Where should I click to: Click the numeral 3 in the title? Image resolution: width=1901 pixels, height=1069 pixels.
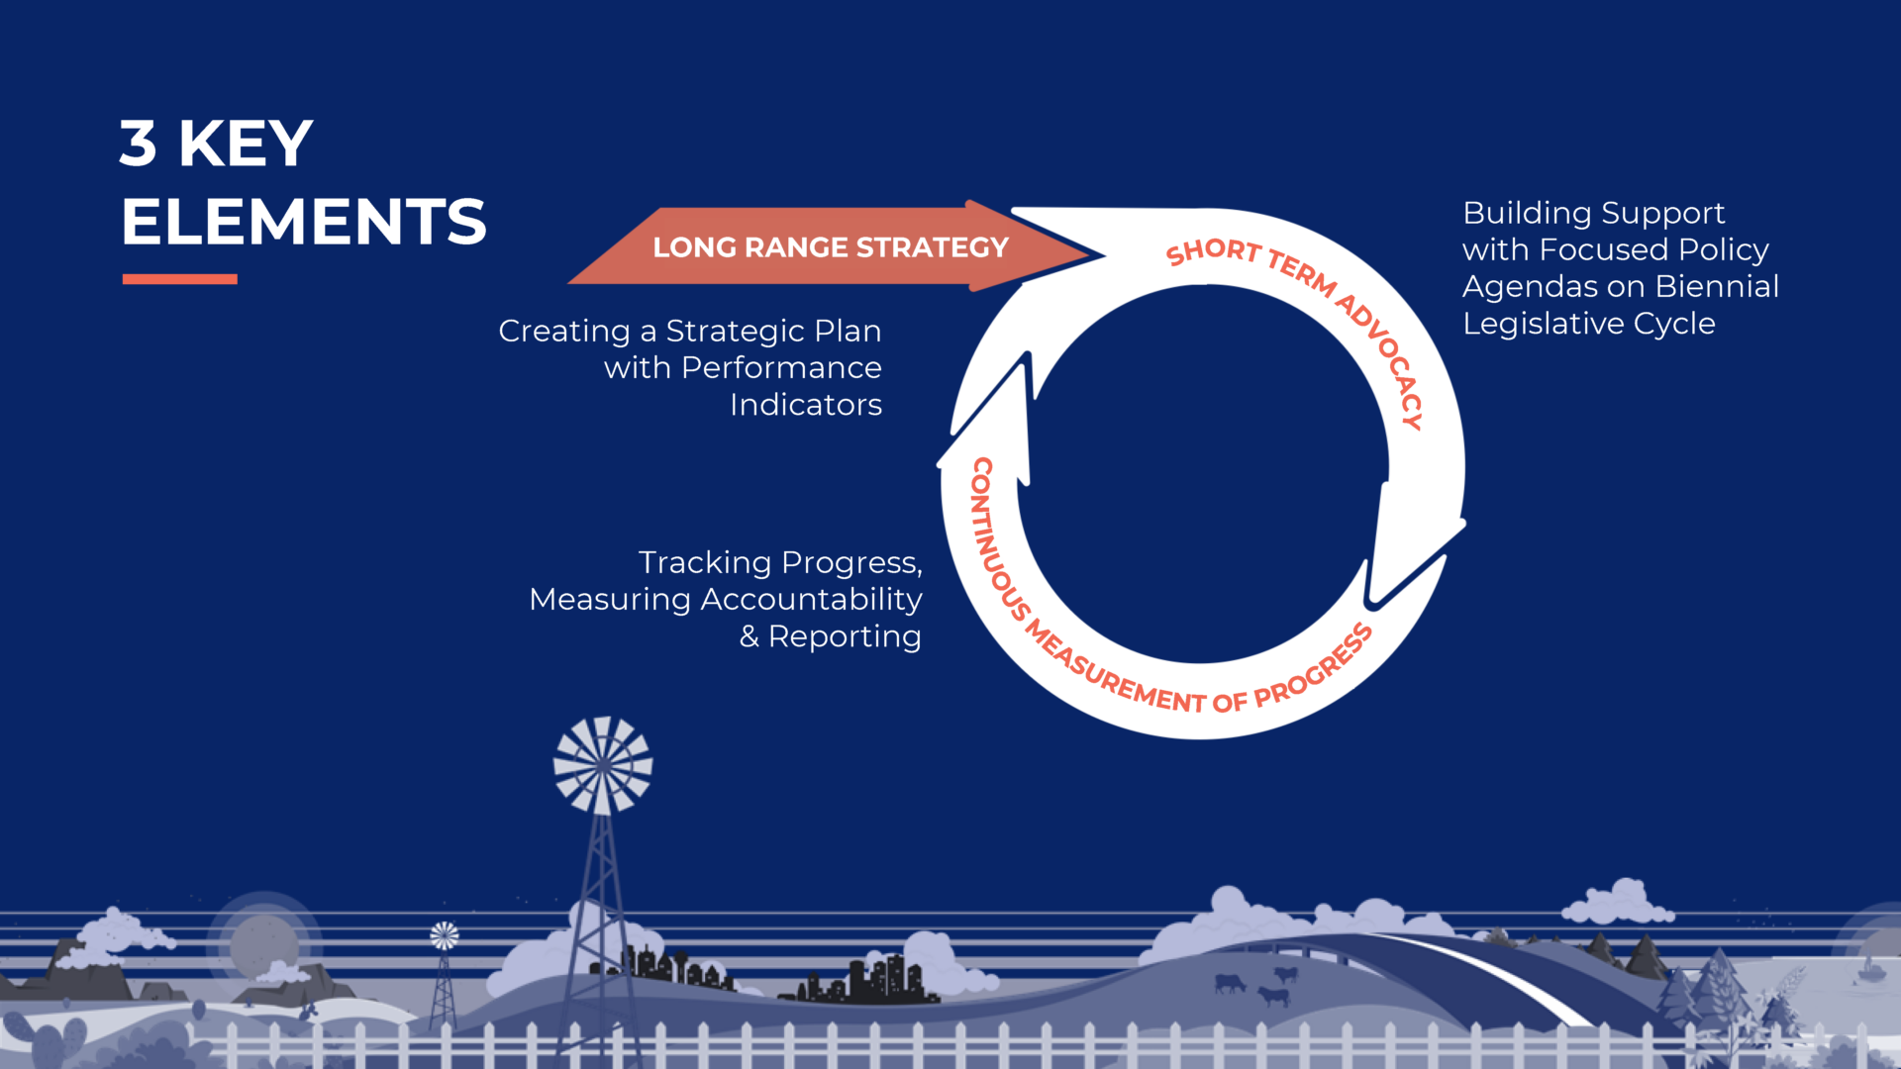pos(139,144)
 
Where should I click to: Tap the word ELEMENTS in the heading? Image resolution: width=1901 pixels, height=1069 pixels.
pos(304,222)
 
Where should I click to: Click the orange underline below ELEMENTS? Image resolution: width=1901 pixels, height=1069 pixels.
pos(180,279)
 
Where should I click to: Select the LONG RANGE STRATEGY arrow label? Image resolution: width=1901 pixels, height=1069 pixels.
pos(831,247)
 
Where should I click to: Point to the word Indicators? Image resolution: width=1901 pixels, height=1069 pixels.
pos(806,405)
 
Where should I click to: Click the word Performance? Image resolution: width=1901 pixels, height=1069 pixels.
pos(781,368)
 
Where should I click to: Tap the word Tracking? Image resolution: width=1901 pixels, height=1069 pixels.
pos(705,563)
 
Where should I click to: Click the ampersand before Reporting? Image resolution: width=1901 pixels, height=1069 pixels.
pos(750,636)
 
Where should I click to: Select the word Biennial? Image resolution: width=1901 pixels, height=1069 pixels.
pos(1717,286)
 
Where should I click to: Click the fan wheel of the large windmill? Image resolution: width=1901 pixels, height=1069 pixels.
pos(603,765)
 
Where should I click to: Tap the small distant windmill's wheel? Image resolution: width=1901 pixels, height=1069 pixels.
pos(445,935)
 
